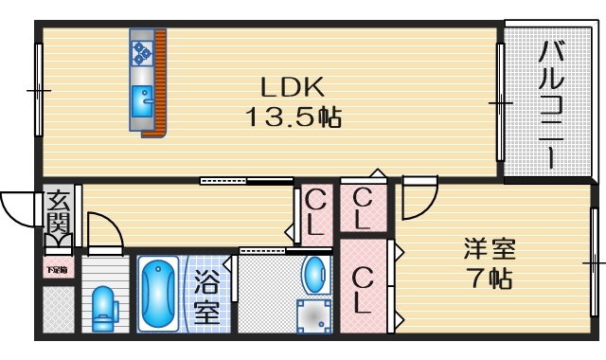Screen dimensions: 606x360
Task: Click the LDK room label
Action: pyautogui.click(x=293, y=87)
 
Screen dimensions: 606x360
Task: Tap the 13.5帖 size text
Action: pyautogui.click(x=293, y=118)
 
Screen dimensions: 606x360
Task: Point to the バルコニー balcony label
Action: pyautogui.click(x=551, y=104)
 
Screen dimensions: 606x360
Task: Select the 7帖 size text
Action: pyautogui.click(x=490, y=280)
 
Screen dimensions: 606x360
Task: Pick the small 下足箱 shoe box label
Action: pyautogui.click(x=57, y=270)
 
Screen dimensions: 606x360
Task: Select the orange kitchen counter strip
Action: pyautogui.click(x=160, y=83)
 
